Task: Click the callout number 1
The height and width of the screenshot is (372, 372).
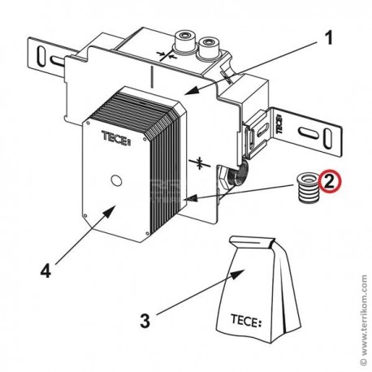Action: [x=328, y=38]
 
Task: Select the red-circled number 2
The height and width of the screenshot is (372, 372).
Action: [x=330, y=182]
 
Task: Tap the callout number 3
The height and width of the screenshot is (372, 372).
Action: [x=145, y=321]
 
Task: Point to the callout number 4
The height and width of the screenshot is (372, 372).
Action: [x=45, y=270]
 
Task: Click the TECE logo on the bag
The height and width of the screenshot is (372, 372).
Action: [x=246, y=321]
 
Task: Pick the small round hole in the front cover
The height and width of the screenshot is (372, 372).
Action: [x=116, y=180]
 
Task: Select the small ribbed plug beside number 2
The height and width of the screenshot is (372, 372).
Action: [x=308, y=188]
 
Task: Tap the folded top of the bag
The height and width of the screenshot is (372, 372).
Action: [x=251, y=241]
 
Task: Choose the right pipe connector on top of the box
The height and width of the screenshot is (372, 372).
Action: [x=209, y=48]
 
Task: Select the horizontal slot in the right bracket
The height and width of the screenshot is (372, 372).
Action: [x=309, y=134]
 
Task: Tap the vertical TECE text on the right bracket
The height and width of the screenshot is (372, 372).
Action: [x=279, y=123]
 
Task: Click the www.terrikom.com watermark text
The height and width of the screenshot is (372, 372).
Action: [x=364, y=319]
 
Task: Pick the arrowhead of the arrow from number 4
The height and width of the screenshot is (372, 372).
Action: [x=110, y=211]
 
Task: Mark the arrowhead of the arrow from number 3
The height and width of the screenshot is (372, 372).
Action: [x=238, y=275]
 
